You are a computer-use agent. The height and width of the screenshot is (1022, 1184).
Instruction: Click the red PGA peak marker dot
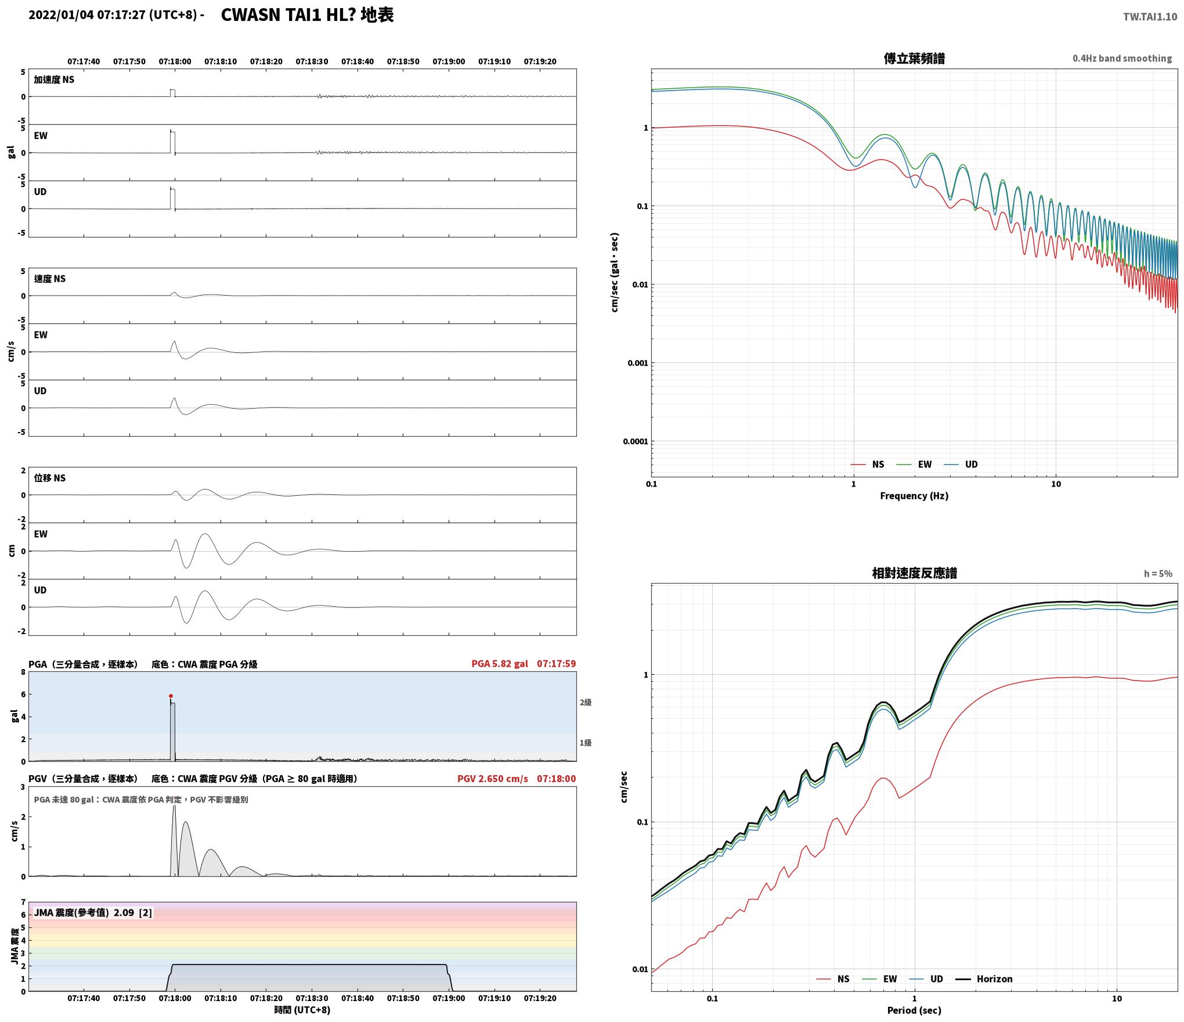pyautogui.click(x=171, y=696)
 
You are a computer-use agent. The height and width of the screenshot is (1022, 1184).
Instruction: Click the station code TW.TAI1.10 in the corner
pyautogui.click(x=1150, y=17)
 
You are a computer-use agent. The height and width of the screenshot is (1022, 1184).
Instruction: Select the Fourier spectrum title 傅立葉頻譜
pyautogui.click(x=914, y=59)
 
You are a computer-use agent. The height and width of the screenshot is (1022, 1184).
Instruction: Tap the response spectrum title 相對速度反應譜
pyautogui.click(x=914, y=573)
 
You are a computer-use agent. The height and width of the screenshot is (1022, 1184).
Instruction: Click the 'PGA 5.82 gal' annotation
pyautogui.click(x=500, y=664)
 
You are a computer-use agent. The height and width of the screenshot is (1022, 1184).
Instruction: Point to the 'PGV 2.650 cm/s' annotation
pyautogui.click(x=493, y=779)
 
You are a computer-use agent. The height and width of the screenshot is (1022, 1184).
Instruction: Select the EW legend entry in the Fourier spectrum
pyautogui.click(x=914, y=465)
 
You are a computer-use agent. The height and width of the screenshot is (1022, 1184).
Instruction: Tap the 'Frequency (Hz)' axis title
pyautogui.click(x=914, y=496)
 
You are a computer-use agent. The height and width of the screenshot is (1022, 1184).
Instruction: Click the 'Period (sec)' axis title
pyautogui.click(x=914, y=1011)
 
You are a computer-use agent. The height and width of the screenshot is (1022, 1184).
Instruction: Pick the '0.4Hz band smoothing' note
pyautogui.click(x=1122, y=59)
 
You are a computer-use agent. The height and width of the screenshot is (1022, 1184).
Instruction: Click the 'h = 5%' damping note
pyautogui.click(x=1158, y=574)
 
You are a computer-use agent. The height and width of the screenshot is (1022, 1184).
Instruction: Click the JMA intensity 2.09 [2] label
pyautogui.click(x=93, y=913)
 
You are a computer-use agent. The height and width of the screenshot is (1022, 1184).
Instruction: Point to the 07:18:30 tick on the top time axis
pyautogui.click(x=312, y=62)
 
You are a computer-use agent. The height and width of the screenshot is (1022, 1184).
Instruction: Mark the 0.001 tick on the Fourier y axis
pyautogui.click(x=637, y=364)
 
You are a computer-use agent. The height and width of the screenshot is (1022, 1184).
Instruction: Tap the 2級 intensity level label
pyautogui.click(x=586, y=703)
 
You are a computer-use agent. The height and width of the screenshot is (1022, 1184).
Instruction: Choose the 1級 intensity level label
pyautogui.click(x=586, y=743)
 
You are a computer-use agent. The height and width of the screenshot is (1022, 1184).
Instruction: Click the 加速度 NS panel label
pyautogui.click(x=54, y=80)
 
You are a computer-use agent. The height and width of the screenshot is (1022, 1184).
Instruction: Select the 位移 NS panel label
pyautogui.click(x=50, y=478)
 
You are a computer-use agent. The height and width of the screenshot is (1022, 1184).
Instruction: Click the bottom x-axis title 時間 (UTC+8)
pyautogui.click(x=302, y=1010)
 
